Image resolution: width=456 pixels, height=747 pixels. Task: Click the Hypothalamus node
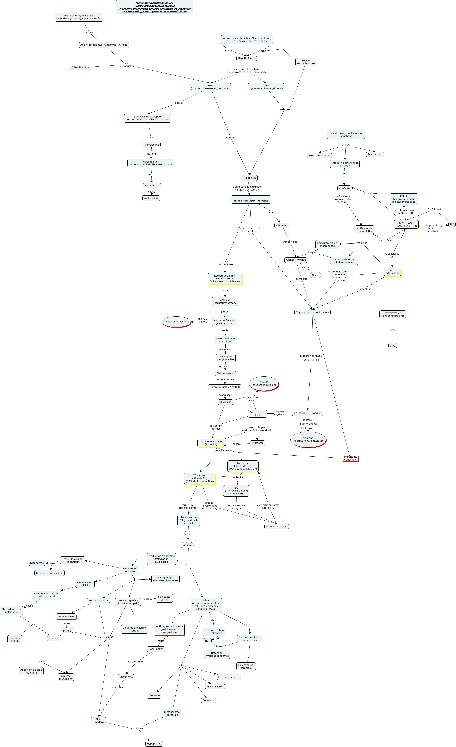pos(246,58)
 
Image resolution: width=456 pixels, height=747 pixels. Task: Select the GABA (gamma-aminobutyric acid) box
pos(266,87)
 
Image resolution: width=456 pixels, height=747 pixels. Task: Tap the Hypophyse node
pos(249,178)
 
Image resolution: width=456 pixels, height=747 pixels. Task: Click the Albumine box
pos(281,225)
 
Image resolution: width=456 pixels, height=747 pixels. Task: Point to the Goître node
pos(315,275)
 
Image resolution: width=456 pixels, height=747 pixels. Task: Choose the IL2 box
pos(452,224)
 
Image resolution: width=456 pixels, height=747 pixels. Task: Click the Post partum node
pos(375,155)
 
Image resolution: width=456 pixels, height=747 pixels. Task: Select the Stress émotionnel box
pos(319,156)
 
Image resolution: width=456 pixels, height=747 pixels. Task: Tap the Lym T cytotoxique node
pos(392,272)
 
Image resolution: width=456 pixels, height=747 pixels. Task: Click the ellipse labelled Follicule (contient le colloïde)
pos(263,384)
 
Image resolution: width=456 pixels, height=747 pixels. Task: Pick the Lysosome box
pos(257,443)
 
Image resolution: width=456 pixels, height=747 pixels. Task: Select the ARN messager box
pos(225,373)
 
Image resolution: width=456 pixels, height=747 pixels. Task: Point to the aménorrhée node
pos(151,198)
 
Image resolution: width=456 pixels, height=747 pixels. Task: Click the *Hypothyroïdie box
pos(80,67)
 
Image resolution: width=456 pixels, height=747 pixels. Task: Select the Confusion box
pos(208,700)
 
